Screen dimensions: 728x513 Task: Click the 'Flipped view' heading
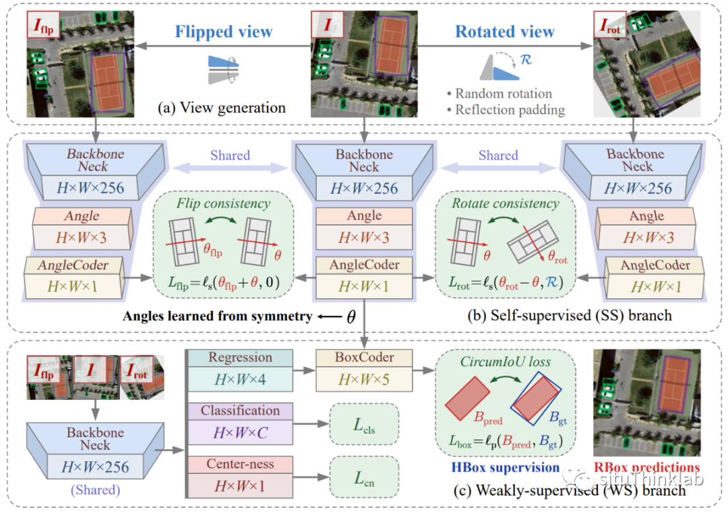pyautogui.click(x=223, y=32)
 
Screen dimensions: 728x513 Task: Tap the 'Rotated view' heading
pyautogui.click(x=505, y=32)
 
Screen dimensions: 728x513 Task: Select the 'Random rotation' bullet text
pyautogui.click(x=504, y=94)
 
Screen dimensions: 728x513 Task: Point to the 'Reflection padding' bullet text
pyautogui.click(x=510, y=110)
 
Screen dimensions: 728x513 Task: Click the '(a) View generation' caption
pyautogui.click(x=222, y=108)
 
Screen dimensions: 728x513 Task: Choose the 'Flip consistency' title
pyautogui.click(x=223, y=203)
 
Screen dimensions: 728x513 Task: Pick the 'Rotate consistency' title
pyautogui.click(x=506, y=203)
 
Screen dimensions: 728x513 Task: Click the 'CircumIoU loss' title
pyautogui.click(x=505, y=362)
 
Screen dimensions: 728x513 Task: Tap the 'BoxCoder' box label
pyautogui.click(x=365, y=357)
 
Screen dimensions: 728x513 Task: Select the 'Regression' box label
pyautogui.click(x=240, y=357)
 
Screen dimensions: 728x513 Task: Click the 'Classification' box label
pyautogui.click(x=240, y=411)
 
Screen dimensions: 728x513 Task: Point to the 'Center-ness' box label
pyautogui.click(x=240, y=464)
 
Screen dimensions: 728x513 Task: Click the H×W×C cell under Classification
pyautogui.click(x=240, y=432)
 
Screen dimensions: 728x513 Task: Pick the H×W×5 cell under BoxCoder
pyautogui.click(x=365, y=379)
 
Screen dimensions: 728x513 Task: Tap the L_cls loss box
pyautogui.click(x=365, y=424)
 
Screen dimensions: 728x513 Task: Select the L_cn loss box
pyautogui.click(x=365, y=477)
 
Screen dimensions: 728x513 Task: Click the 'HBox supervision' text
pyautogui.click(x=505, y=467)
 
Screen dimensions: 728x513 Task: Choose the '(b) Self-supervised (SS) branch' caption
pyautogui.click(x=570, y=315)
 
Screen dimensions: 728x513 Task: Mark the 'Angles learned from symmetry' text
pyautogui.click(x=217, y=316)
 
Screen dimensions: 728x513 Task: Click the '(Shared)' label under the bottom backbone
pyautogui.click(x=95, y=490)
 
